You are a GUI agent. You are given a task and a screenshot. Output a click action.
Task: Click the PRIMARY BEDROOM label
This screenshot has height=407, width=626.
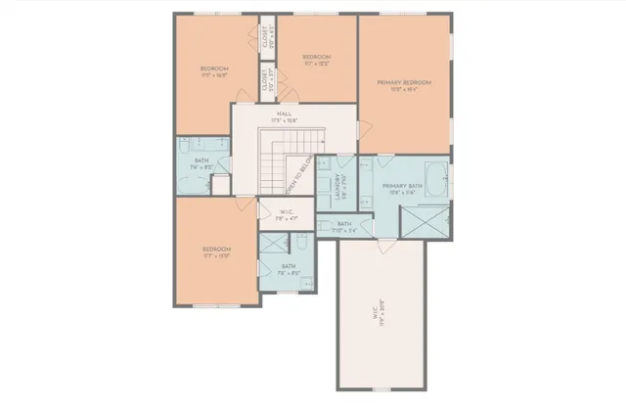405,83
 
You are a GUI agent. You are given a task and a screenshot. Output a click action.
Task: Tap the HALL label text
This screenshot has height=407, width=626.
285,116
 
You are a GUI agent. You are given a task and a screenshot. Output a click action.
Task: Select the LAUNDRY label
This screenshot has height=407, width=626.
337,186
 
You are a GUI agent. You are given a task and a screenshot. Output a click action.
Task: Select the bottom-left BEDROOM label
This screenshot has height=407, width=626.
216,252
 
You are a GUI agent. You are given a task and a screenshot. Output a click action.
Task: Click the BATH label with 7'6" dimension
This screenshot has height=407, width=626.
201,164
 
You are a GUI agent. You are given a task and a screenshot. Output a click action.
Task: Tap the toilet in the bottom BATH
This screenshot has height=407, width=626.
302,242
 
